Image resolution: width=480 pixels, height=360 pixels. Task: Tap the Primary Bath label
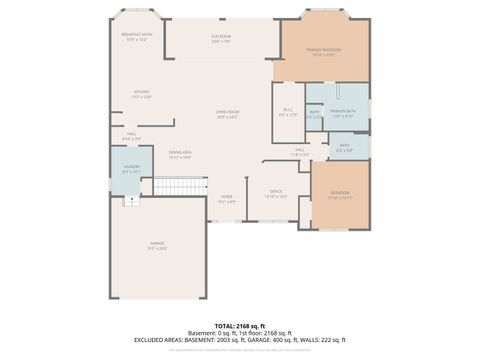coord(343,113)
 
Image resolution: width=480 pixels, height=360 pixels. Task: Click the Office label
coord(276,193)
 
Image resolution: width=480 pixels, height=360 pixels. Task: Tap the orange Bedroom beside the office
coord(339,196)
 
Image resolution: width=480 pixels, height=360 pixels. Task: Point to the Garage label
coord(158,247)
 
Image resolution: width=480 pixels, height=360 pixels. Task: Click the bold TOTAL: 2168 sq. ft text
coord(239,325)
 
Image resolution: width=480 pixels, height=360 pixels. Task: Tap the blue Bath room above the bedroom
coord(344,147)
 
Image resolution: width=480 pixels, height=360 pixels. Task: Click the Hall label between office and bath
coord(299,153)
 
